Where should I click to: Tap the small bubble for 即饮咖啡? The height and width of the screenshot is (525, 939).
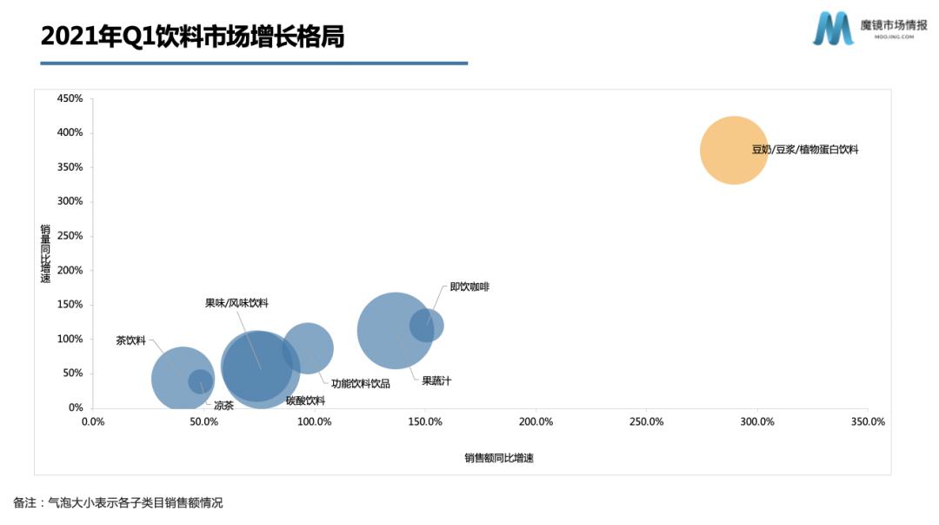tap(427, 326)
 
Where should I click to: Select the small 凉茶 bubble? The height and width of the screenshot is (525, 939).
tap(201, 381)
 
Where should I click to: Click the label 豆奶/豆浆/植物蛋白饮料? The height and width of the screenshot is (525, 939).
tap(805, 150)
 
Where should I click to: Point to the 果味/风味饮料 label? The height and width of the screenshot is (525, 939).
tap(236, 303)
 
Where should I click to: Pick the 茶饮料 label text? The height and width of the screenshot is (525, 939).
tap(131, 340)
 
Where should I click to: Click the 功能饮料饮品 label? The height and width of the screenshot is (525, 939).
tap(361, 383)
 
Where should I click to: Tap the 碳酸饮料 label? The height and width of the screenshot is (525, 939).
tap(305, 400)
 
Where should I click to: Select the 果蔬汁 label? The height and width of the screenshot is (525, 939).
tap(436, 380)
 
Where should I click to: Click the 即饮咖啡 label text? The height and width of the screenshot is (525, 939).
tap(469, 286)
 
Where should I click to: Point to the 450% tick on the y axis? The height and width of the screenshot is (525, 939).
tap(70, 98)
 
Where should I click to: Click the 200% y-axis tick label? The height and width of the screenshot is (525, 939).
tap(70, 270)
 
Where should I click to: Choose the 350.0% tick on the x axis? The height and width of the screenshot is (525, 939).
tap(867, 421)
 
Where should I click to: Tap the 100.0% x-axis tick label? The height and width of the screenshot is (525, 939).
tap(314, 421)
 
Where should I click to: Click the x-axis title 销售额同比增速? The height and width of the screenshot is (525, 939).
tap(499, 458)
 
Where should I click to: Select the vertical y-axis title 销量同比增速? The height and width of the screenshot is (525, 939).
tap(45, 253)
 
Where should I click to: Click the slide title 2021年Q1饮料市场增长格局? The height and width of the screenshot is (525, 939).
tap(192, 37)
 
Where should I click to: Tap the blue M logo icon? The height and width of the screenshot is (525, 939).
tap(833, 29)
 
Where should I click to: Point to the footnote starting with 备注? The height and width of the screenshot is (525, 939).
tap(118, 503)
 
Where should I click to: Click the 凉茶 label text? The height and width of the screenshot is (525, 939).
tap(223, 405)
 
